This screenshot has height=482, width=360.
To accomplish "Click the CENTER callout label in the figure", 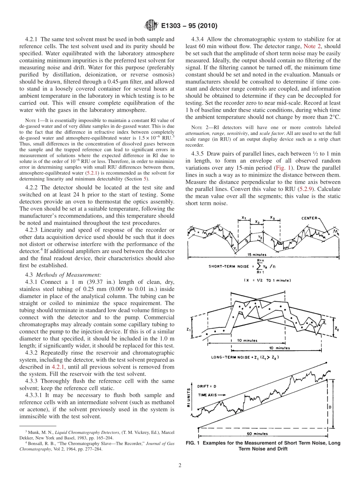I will pyautogui.click(x=311, y=218).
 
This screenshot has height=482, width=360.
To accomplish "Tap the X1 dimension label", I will pyautogui.click(x=244, y=218).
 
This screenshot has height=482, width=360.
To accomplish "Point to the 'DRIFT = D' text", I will pyautogui.click(x=207, y=386).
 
